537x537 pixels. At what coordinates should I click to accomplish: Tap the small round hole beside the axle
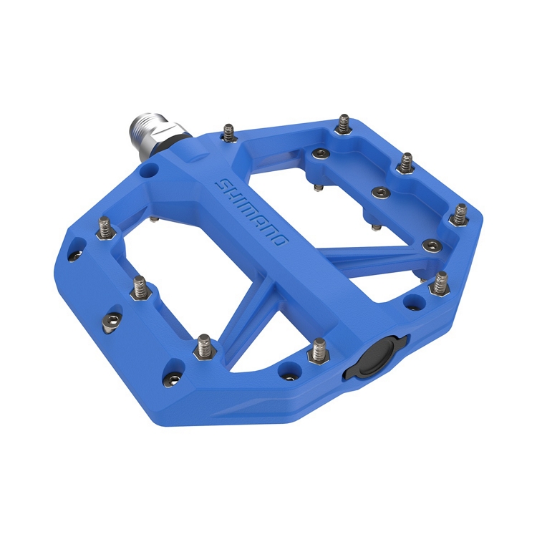(148, 171)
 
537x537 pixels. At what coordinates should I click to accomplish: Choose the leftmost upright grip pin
(104, 228)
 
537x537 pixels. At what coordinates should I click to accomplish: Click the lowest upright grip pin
(204, 347)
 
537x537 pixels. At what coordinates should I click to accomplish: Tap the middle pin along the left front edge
(139, 288)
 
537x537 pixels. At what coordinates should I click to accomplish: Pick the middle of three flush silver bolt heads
(378, 193)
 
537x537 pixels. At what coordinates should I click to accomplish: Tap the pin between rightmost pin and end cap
(440, 284)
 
